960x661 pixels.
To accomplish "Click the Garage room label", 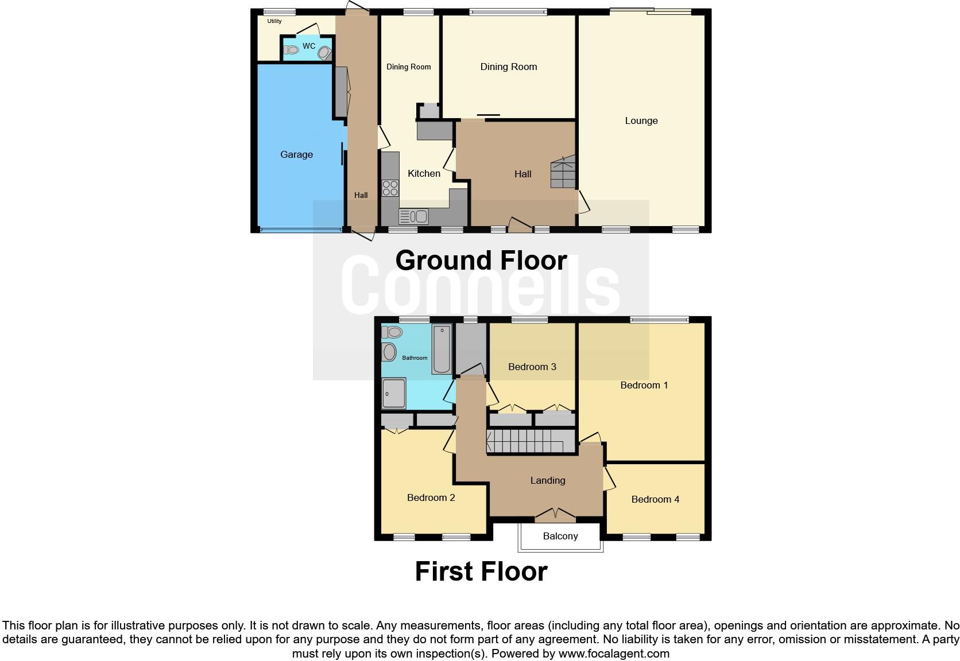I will [x=296, y=154].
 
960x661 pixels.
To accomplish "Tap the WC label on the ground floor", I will [x=309, y=46].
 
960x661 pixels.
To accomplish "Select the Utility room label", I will [x=274, y=21].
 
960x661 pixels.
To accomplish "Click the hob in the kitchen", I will [x=390, y=188].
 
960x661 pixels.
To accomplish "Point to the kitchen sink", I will [x=413, y=216].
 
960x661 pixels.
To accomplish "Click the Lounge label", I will [x=641, y=120].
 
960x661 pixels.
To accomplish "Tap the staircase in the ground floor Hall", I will [x=563, y=172].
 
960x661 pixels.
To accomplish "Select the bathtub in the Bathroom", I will [x=442, y=349].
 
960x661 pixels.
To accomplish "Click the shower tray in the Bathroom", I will [x=394, y=393].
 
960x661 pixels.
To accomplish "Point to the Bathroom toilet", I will [x=392, y=332].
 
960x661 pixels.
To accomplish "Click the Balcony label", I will [x=560, y=536].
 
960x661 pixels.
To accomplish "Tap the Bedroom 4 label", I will [x=655, y=499].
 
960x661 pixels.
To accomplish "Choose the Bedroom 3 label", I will [x=532, y=367].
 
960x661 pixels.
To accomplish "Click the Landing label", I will [x=548, y=480].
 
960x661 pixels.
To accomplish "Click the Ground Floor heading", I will [x=481, y=260].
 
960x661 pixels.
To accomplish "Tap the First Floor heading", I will [x=481, y=571].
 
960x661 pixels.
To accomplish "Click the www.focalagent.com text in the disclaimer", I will [x=614, y=653].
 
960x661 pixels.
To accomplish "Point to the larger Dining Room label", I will [x=509, y=67].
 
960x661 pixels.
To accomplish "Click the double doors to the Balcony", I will [x=555, y=514].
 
